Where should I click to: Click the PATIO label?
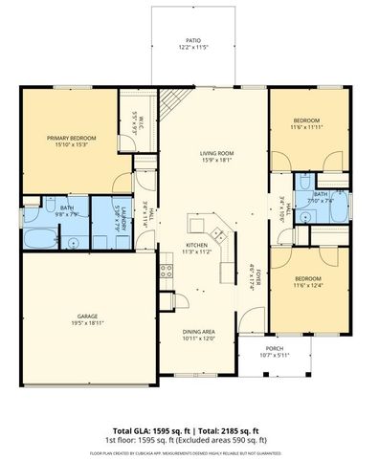(x=193, y=41)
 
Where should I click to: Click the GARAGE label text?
(x=88, y=316)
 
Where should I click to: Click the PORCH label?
(x=275, y=348)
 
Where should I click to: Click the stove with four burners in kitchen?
(x=167, y=270)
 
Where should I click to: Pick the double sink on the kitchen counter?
(x=216, y=234)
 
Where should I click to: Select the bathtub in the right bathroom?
(x=330, y=215)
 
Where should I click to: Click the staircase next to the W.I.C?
(x=172, y=99)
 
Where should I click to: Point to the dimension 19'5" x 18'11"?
(x=88, y=323)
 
